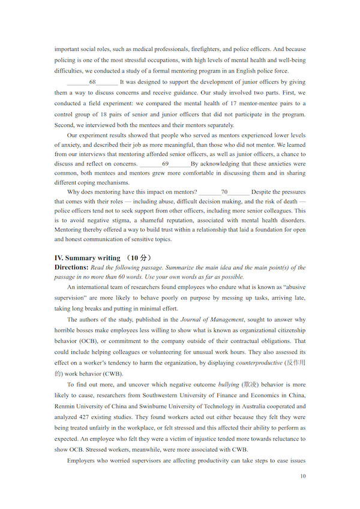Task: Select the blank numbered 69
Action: (x=165, y=164)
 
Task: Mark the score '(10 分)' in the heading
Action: (x=138, y=258)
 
